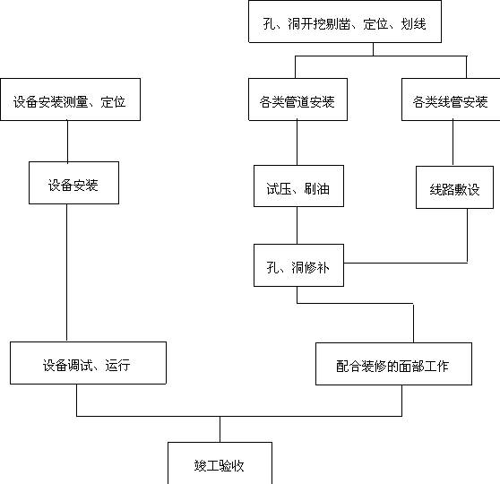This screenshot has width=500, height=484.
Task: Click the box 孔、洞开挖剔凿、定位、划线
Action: point(345,22)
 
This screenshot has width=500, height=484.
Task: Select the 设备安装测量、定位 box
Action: point(71,99)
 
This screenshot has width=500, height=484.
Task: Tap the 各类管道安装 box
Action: point(297,99)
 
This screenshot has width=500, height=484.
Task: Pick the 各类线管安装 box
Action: point(451,99)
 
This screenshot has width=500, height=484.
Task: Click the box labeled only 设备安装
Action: point(74,183)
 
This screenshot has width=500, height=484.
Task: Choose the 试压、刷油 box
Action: point(298,186)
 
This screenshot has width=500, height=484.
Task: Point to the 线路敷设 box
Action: point(454,187)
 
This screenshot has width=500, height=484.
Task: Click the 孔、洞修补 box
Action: point(298,265)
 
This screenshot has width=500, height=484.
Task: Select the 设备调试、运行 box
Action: point(89,363)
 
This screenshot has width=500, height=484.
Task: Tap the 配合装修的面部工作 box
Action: point(393,364)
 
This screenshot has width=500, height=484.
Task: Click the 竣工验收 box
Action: point(220,463)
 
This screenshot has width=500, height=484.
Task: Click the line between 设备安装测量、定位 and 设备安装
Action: point(67,142)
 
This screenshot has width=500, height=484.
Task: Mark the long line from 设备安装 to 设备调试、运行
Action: point(66,272)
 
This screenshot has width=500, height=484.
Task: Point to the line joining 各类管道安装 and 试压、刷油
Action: point(297,143)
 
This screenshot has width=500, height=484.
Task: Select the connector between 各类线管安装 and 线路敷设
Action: point(453,143)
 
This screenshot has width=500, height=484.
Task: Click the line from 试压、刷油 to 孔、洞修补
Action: point(297,226)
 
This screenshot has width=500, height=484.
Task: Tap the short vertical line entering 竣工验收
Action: point(220,429)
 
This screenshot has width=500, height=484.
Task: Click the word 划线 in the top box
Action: point(413,24)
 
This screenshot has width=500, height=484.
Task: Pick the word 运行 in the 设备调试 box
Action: point(117,366)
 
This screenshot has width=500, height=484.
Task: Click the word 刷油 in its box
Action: point(316,189)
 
